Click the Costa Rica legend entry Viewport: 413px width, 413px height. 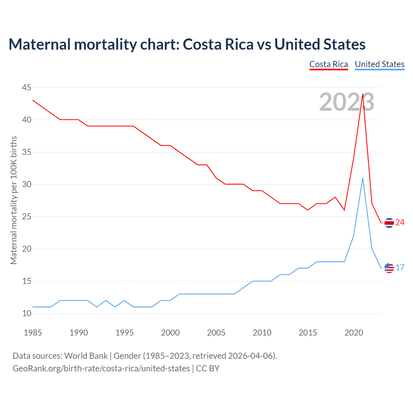click(328, 64)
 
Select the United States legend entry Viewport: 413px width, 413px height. click(379, 64)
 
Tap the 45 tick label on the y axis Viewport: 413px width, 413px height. click(27, 87)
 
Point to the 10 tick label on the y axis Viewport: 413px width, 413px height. click(27, 313)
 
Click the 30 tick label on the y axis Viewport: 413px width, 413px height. click(27, 184)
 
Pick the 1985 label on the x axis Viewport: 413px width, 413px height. click(33, 333)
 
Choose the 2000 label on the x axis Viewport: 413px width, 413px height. click(170, 333)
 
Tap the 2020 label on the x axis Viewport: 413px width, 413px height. click(354, 333)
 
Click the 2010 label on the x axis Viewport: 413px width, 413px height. click(262, 333)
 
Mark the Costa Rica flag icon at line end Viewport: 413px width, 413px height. click(389, 223)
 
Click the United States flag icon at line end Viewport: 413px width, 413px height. click(389, 268)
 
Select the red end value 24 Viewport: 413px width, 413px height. click(400, 223)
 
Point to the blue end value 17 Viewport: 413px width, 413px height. click(400, 268)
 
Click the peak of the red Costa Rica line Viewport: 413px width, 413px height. click(363, 95)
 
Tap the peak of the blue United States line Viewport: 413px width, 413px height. click(363, 178)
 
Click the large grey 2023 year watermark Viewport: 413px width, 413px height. click(347, 102)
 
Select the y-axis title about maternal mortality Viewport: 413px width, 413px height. click(14, 200)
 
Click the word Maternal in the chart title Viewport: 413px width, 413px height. click(39, 44)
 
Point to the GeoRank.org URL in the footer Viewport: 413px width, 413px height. click(101, 368)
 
